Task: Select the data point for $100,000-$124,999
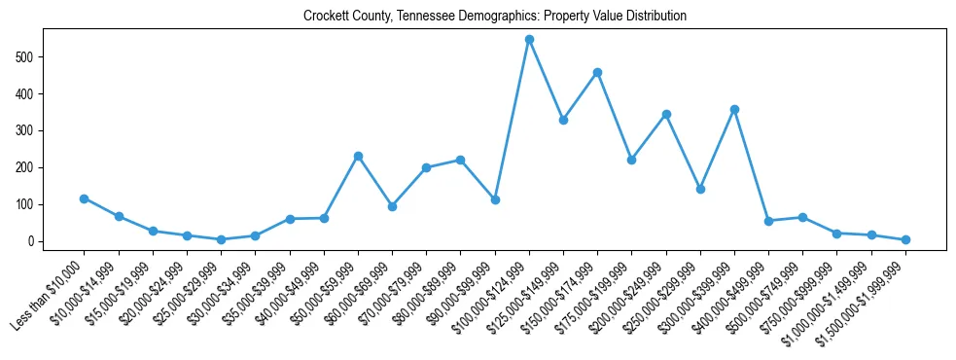coord(529,40)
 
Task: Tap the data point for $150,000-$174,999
coord(597,72)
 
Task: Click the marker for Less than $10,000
coord(84,198)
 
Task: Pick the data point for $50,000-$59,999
coord(358,156)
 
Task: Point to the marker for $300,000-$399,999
coord(734,109)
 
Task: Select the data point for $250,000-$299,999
coord(700,189)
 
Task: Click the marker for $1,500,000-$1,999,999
coord(905,239)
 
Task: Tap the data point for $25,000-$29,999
coord(221,239)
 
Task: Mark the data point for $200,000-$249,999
coord(666,114)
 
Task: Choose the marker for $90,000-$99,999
coord(495,199)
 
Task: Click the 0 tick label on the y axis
coord(33,241)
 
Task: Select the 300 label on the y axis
coord(28,130)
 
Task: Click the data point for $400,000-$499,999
coord(768,221)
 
